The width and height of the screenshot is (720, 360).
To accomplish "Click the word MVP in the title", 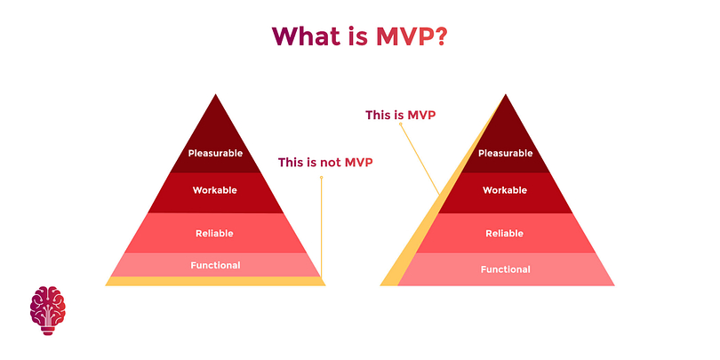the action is (x=404, y=36).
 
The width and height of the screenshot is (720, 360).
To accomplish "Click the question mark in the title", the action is (x=439, y=36).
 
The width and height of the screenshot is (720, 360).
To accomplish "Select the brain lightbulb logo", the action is (x=48, y=310).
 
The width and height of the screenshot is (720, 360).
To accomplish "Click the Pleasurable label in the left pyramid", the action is (x=215, y=153).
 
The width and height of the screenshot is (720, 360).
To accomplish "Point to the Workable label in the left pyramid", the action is (x=215, y=189).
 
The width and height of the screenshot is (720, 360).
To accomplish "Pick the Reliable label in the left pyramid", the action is (x=214, y=233).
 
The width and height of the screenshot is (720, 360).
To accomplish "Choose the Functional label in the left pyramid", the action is (x=215, y=265).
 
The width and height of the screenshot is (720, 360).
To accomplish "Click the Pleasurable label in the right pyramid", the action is (x=506, y=153).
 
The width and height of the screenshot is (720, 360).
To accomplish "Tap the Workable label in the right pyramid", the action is (x=505, y=189).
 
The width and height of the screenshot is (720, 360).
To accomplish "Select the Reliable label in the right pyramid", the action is (x=505, y=233).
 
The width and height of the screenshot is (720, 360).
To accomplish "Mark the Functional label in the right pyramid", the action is (x=506, y=269).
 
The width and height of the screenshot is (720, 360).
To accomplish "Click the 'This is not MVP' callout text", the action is (x=325, y=162).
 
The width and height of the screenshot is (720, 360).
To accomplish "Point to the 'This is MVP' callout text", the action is (x=400, y=115).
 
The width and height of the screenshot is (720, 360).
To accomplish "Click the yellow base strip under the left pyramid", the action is (x=215, y=281).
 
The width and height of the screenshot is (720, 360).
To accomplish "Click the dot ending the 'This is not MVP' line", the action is (x=322, y=177).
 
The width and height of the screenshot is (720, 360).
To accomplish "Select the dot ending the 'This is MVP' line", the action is (x=400, y=124).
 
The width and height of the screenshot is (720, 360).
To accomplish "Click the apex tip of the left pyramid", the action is (x=215, y=94).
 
